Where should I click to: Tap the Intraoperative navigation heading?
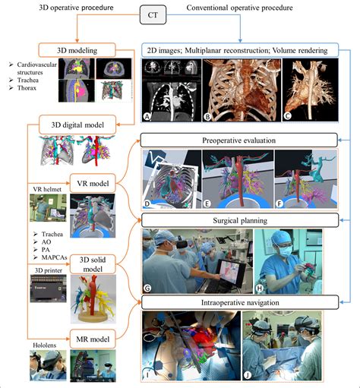pyautogui.click(x=238, y=303)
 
